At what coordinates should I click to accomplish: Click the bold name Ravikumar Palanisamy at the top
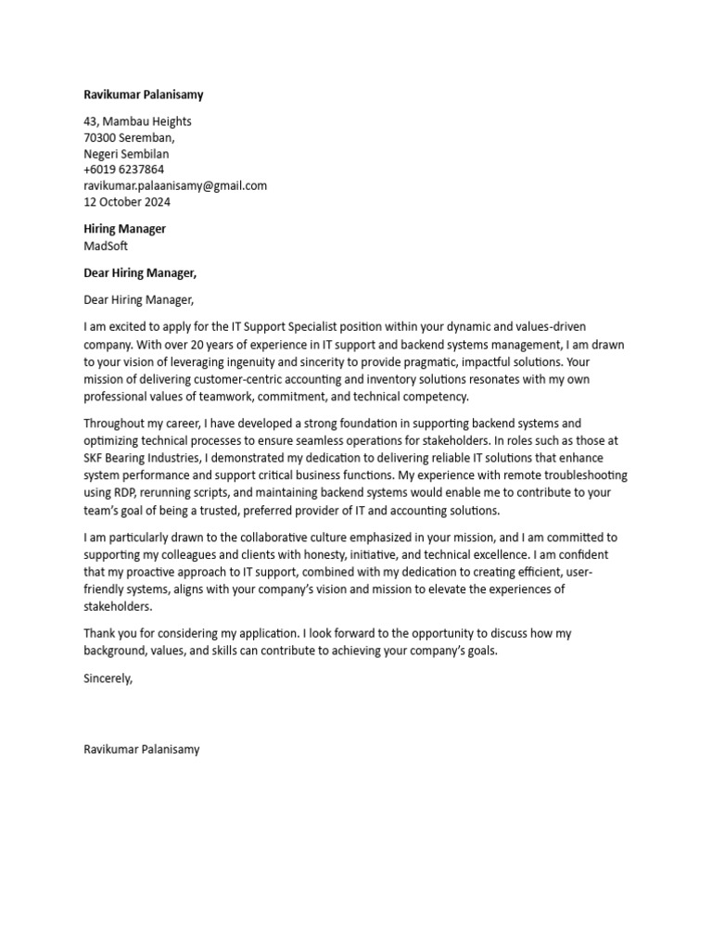(x=143, y=95)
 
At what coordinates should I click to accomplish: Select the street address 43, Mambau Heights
(x=137, y=121)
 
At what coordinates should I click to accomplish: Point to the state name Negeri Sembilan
(x=126, y=154)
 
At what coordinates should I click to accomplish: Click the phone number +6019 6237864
(x=123, y=170)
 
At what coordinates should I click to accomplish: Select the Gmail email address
(x=174, y=185)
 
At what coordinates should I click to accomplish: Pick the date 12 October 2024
(x=127, y=202)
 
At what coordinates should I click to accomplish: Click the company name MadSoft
(x=106, y=246)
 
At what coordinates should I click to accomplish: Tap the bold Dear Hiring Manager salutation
(x=140, y=272)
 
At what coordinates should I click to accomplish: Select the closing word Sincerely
(x=108, y=678)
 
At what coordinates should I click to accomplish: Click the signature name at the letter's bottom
(x=141, y=749)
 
